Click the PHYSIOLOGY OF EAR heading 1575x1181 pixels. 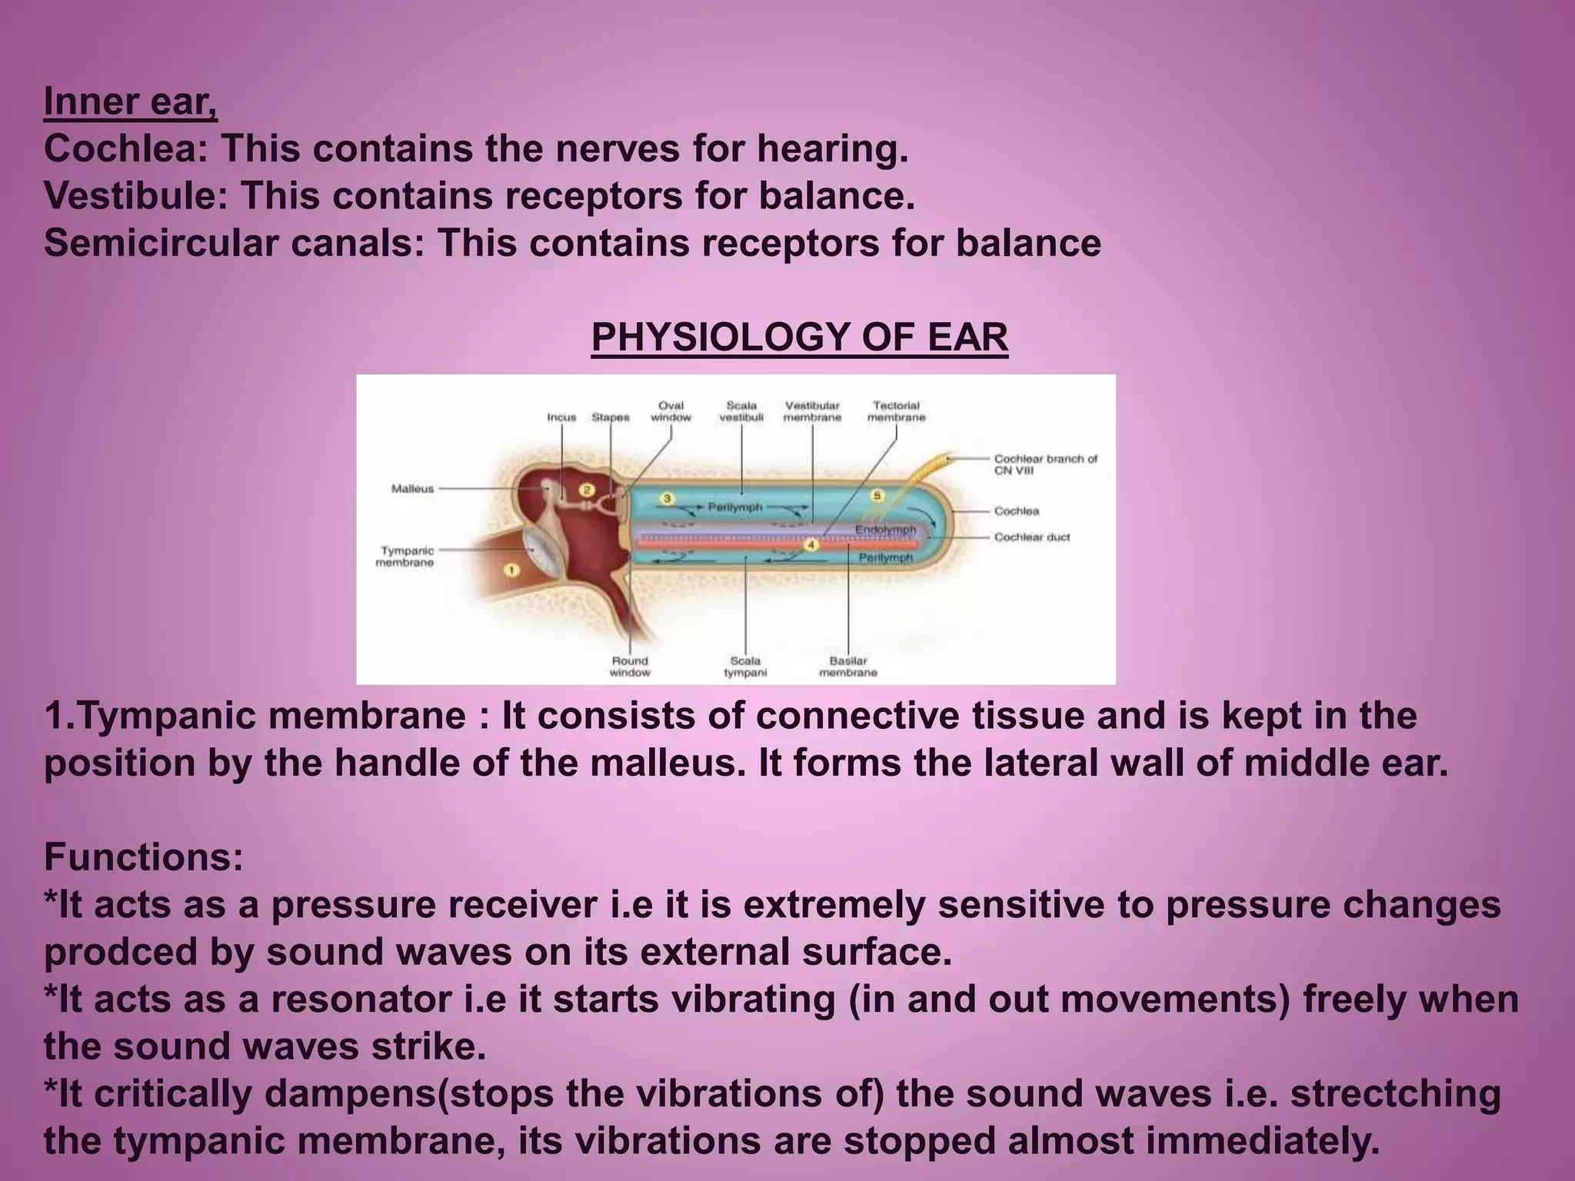tap(799, 337)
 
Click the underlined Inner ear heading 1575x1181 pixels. tap(130, 102)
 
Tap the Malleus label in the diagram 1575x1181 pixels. tap(412, 488)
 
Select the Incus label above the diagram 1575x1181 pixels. tap(561, 418)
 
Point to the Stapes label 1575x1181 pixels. tap(610, 418)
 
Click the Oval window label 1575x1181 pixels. tap(671, 411)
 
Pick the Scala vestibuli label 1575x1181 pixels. tap(741, 411)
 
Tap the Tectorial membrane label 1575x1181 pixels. tap(896, 411)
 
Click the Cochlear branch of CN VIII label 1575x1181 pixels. tap(1045, 464)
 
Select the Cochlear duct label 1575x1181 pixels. tap(1031, 537)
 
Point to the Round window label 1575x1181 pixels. tap(630, 666)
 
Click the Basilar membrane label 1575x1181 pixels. tap(847, 666)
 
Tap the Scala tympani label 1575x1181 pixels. tap(745, 666)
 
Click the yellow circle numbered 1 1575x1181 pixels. tap(511, 570)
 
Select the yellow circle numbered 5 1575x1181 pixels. tap(877, 496)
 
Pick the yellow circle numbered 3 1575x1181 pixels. tap(667, 498)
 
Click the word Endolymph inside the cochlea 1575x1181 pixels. tap(886, 530)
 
